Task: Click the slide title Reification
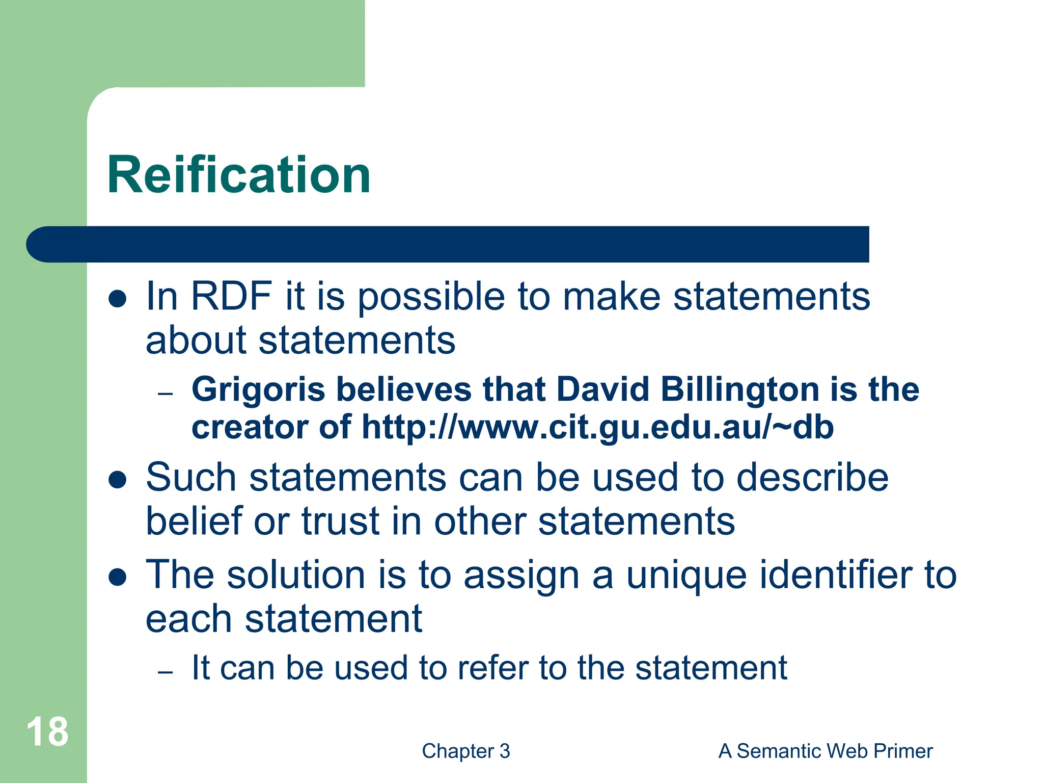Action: pyautogui.click(x=238, y=175)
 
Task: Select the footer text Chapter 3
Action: pyautogui.click(x=465, y=751)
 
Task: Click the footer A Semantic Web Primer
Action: pyautogui.click(x=825, y=751)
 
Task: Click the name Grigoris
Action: pyautogui.click(x=258, y=389)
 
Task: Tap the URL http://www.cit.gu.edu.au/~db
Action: pyautogui.click(x=597, y=427)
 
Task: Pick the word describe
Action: pyautogui.click(x=812, y=478)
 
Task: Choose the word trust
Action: pyautogui.click(x=340, y=521)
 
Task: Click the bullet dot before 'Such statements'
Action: pyautogui.click(x=118, y=479)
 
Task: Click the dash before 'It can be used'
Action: pyautogui.click(x=166, y=672)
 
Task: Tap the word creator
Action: pyautogui.click(x=249, y=427)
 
